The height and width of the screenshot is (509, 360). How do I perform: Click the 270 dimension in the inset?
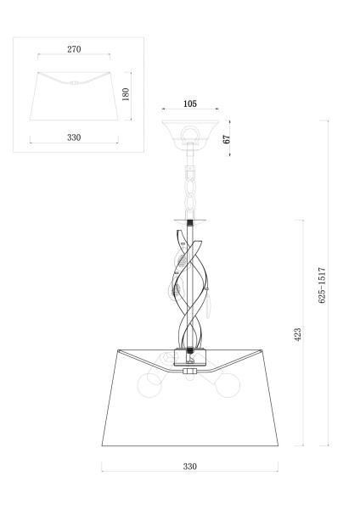(x=74, y=49)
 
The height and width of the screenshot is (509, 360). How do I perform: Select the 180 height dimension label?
(x=127, y=93)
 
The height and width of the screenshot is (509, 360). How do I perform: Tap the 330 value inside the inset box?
(x=74, y=137)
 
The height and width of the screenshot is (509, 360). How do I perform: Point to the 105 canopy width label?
(x=189, y=104)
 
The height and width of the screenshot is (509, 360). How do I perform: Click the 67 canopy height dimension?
(x=228, y=138)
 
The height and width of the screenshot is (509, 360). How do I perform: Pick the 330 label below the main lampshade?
(x=189, y=467)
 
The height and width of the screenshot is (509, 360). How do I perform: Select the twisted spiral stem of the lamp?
(x=192, y=280)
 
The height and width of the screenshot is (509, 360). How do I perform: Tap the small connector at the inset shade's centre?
(x=74, y=83)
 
